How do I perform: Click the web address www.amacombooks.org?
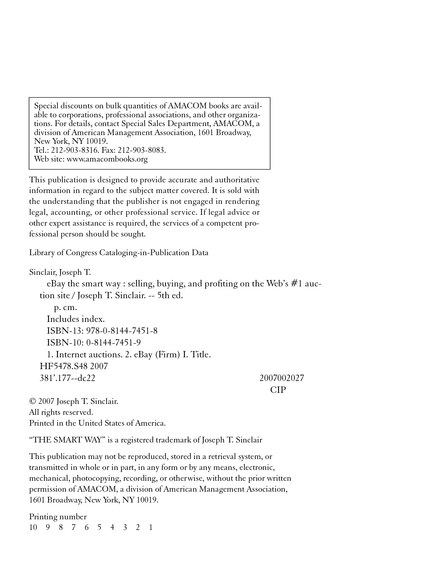tap(107, 159)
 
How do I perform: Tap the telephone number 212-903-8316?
tap(74, 150)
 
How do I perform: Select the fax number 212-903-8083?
tap(142, 150)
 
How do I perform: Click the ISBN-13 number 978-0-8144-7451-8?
tap(122, 331)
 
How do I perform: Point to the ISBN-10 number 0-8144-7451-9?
tap(113, 343)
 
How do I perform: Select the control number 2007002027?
tap(282, 378)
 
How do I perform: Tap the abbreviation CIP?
tap(278, 390)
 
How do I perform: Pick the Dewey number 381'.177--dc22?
tap(67, 378)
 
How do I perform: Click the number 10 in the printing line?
tap(33, 527)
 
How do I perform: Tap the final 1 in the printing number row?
tap(150, 527)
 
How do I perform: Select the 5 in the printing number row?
tap(99, 527)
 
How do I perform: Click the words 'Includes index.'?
tap(75, 319)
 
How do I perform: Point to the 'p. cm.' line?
tap(65, 307)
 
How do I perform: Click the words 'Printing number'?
tap(58, 516)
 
